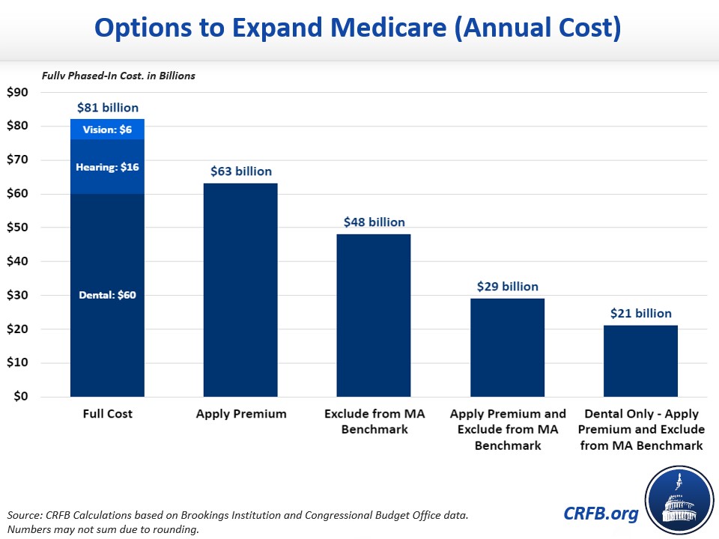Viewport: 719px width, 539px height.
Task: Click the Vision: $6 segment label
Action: [107, 130]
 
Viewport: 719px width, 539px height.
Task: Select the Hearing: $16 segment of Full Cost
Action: [107, 167]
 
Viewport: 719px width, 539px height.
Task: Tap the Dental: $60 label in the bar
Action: [107, 295]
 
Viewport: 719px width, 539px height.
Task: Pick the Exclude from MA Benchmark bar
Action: [374, 315]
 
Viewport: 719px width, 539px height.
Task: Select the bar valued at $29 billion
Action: [507, 347]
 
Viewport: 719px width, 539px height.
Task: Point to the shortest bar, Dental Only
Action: [640, 361]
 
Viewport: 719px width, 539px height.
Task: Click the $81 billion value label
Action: [107, 108]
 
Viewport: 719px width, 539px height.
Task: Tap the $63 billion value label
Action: [240, 171]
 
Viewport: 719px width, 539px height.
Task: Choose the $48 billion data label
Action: [374, 222]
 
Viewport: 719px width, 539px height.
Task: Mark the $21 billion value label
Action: [640, 314]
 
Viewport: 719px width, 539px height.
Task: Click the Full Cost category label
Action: [107, 414]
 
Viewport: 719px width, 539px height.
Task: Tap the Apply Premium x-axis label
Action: [240, 414]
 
